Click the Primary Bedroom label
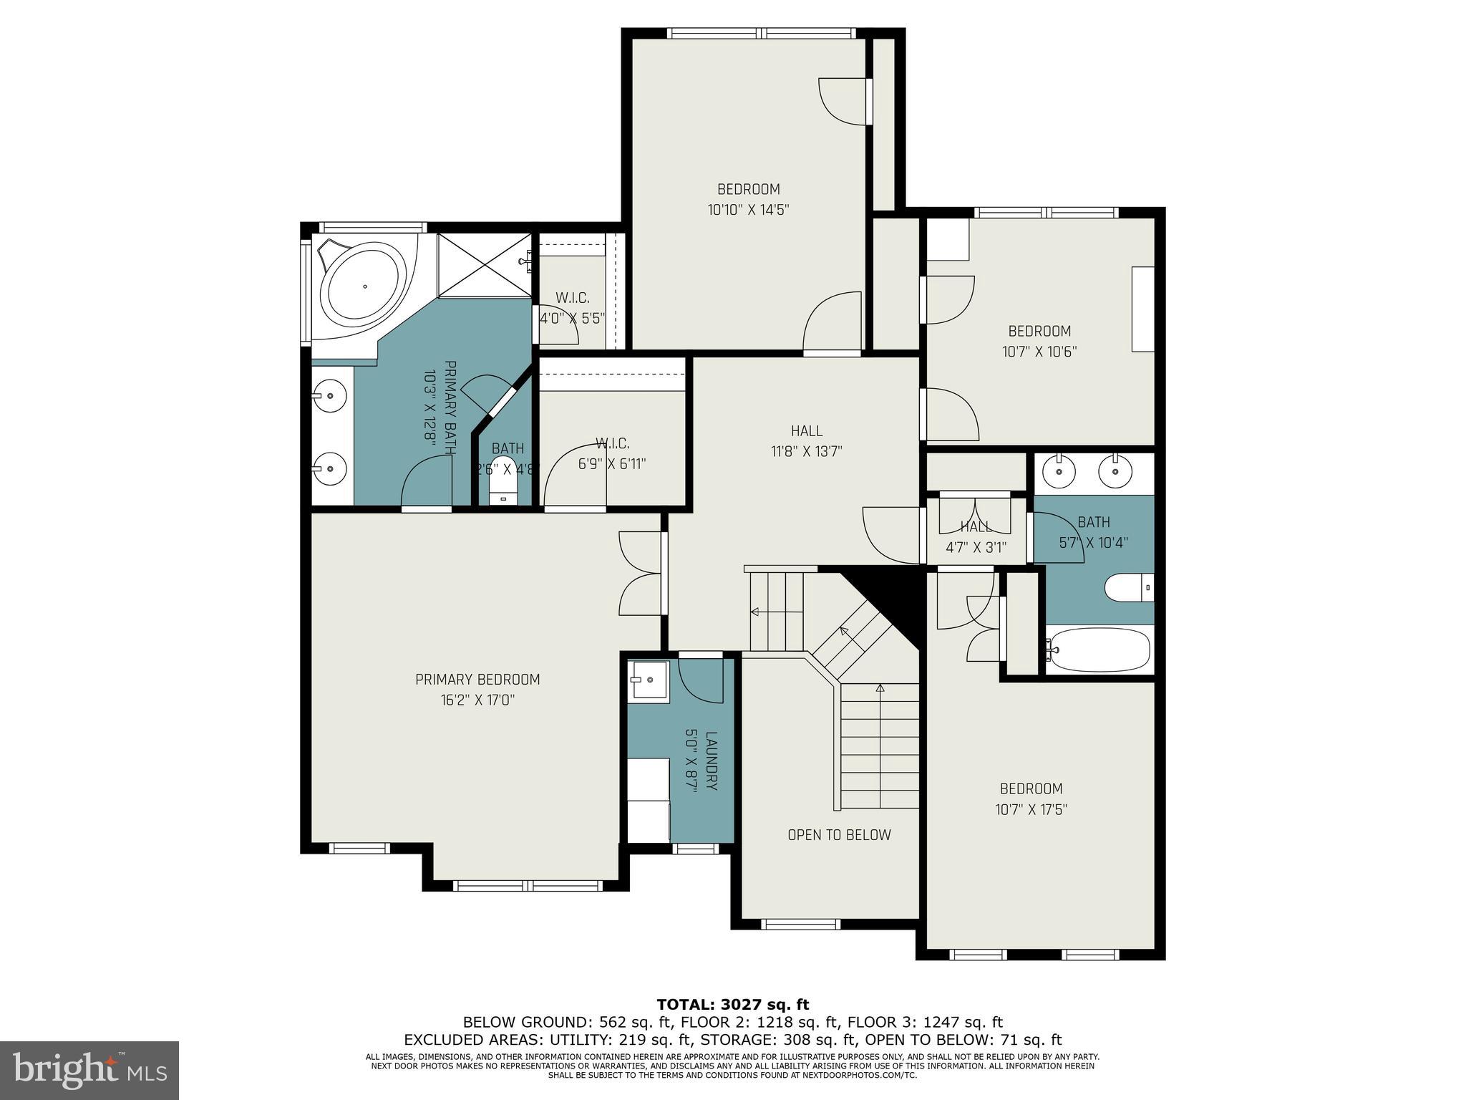click(477, 679)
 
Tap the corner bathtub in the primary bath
click(363, 286)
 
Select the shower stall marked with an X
click(485, 265)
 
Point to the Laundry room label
click(711, 761)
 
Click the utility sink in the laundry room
click(648, 678)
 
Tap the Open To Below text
click(839, 835)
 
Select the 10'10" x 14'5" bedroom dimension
click(748, 210)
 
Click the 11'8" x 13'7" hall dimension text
click(806, 451)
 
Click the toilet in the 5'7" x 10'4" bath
click(1128, 588)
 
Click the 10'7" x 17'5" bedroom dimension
click(1031, 809)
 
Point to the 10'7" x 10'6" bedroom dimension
click(1039, 352)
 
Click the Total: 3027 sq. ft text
click(732, 1005)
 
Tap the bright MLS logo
click(89, 1071)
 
